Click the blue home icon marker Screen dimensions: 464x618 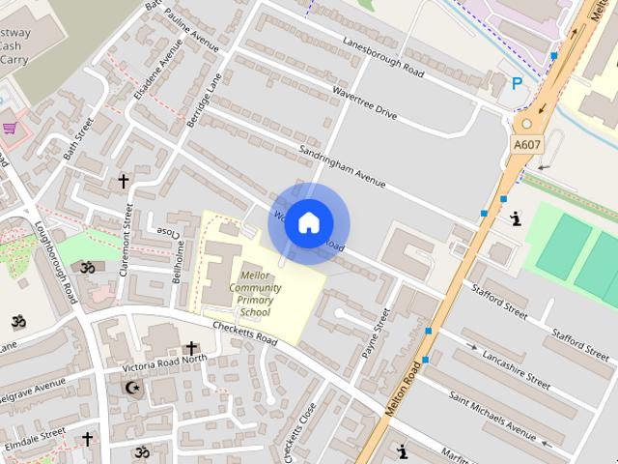(308, 223)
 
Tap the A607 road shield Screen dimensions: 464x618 (526, 145)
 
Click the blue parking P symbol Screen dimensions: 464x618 (518, 84)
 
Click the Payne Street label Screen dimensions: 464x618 (373, 333)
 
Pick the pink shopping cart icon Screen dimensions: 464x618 (11, 127)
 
